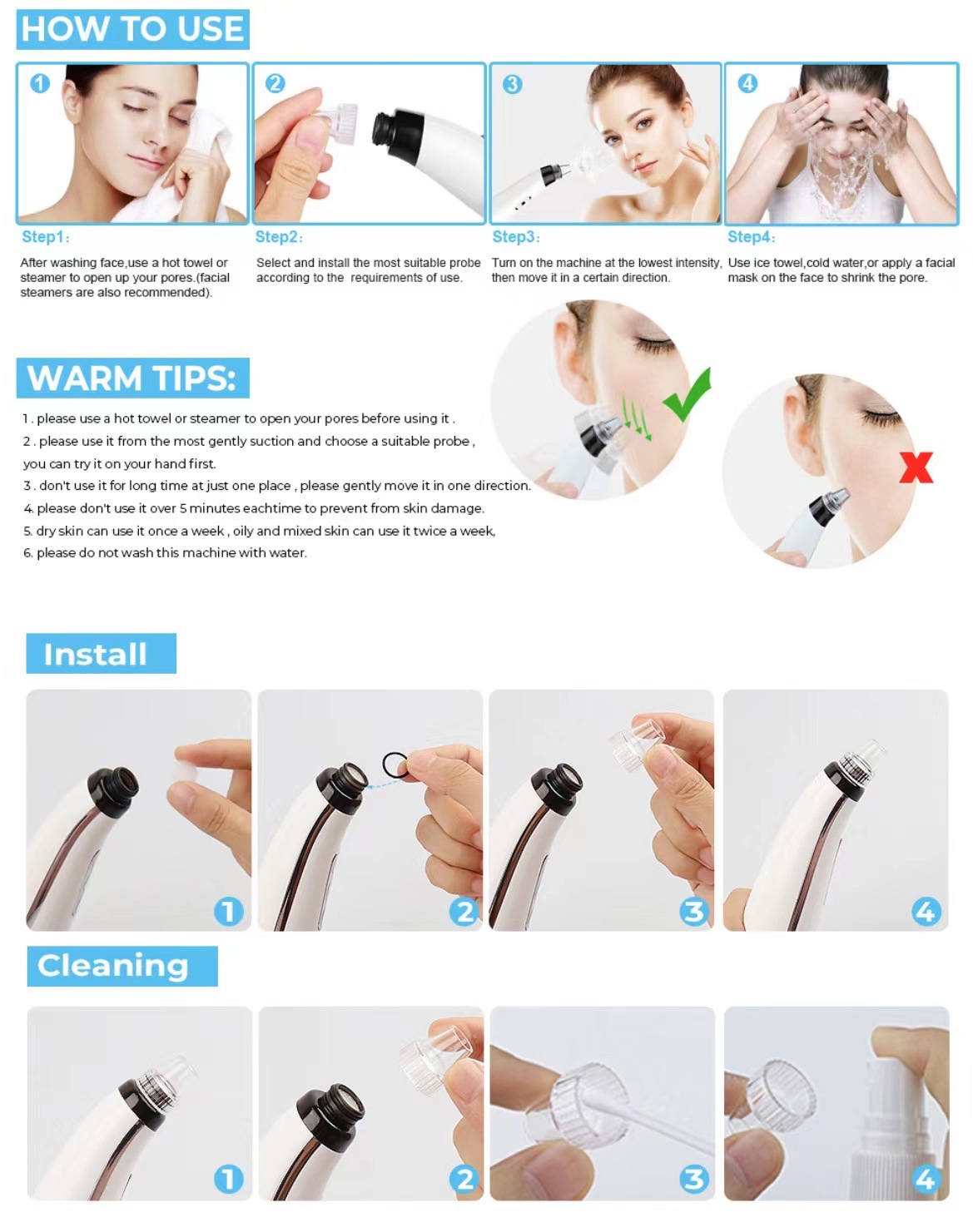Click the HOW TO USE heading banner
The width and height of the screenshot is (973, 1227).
(x=132, y=29)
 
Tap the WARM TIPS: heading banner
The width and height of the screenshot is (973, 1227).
(x=132, y=378)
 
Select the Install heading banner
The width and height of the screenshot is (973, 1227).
(x=101, y=653)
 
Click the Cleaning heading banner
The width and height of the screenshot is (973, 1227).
(x=122, y=966)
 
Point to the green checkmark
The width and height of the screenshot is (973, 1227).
(x=688, y=394)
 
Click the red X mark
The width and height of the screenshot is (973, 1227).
(x=916, y=468)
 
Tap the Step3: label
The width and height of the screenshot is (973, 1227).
(x=515, y=236)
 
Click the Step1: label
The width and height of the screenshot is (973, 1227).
(x=45, y=236)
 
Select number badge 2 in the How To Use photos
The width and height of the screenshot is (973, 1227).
(x=275, y=83)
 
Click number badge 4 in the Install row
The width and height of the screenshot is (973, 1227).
(x=926, y=911)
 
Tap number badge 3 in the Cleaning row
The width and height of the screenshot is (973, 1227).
(x=694, y=1179)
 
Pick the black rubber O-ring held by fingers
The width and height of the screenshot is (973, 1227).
(x=395, y=764)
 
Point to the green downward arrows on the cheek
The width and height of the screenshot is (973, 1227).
(x=635, y=418)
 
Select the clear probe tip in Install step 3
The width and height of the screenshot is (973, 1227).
(x=636, y=743)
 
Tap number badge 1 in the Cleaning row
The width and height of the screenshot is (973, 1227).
(x=228, y=1179)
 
